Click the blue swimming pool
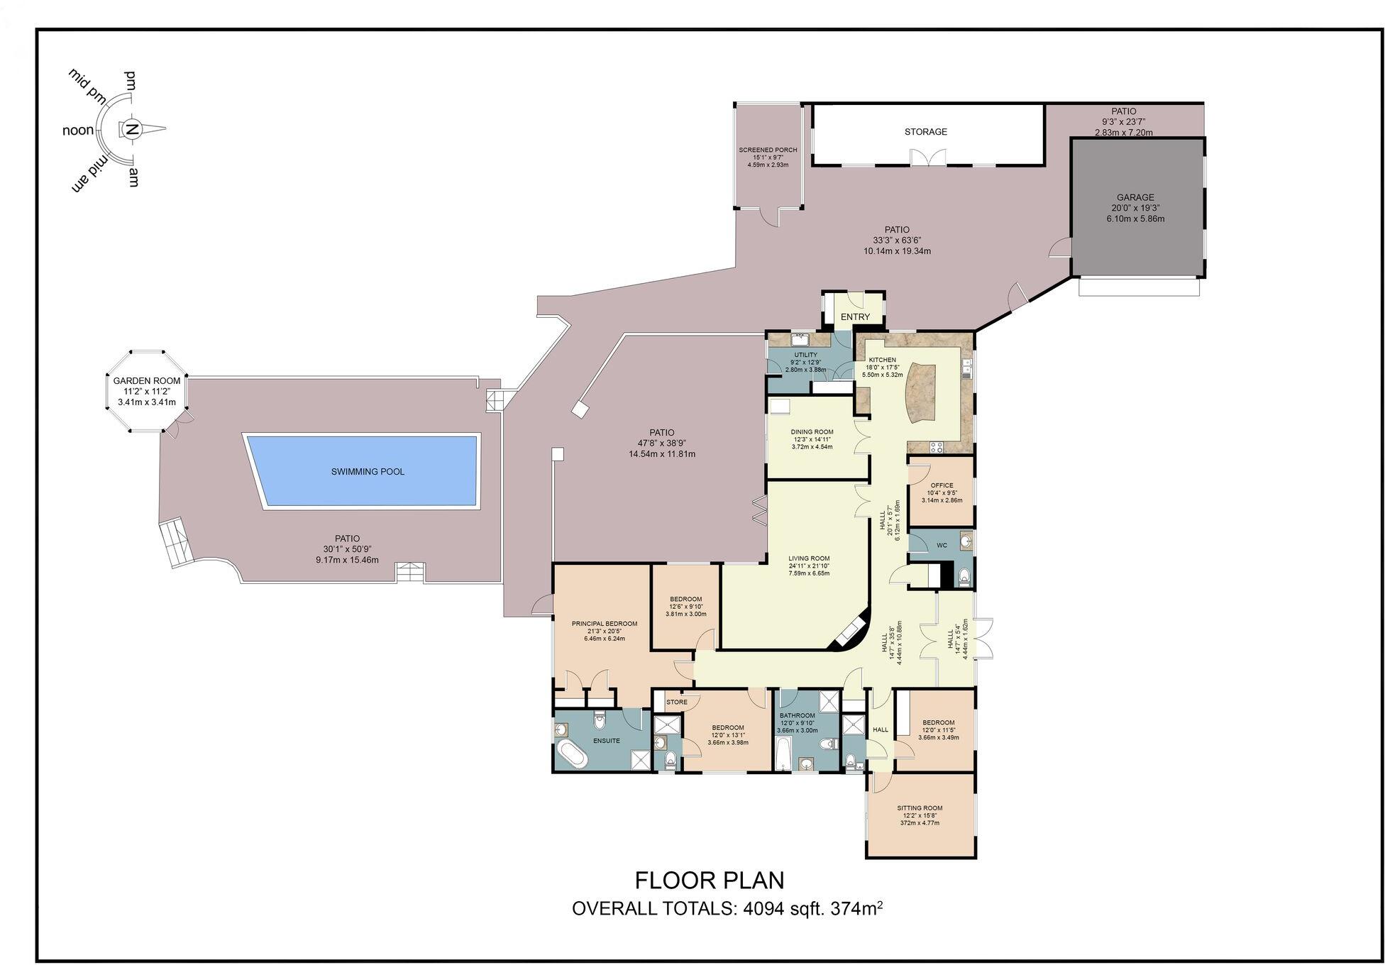pyautogui.click(x=367, y=471)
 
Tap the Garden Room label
pyautogui.click(x=146, y=381)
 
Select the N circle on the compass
pyautogui.click(x=131, y=129)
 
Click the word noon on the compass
pyautogui.click(x=78, y=131)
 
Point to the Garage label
pyautogui.click(x=1135, y=198)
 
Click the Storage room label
pyautogui.click(x=925, y=132)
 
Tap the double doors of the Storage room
pyautogui.click(x=928, y=158)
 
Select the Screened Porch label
pyautogui.click(x=768, y=150)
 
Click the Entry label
pyautogui.click(x=855, y=317)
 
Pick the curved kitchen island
pyautogui.click(x=920, y=392)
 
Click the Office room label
pyautogui.click(x=942, y=485)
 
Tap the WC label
pyautogui.click(x=942, y=546)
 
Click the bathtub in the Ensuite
pyautogui.click(x=571, y=754)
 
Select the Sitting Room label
pyautogui.click(x=920, y=808)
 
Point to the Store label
pyautogui.click(x=676, y=702)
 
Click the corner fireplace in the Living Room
pyautogui.click(x=851, y=631)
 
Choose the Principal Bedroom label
pyautogui.click(x=605, y=624)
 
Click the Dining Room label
pyautogui.click(x=812, y=432)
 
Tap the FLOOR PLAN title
pyautogui.click(x=709, y=881)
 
